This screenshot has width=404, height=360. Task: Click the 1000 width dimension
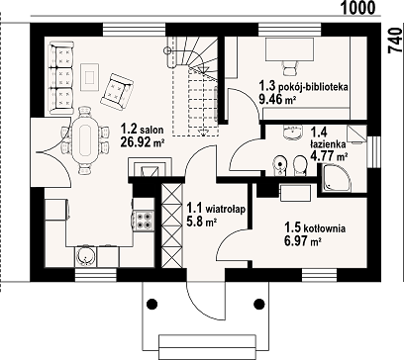point(357,7)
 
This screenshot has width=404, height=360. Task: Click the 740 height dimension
point(395,41)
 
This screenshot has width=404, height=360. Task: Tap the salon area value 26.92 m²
point(143,141)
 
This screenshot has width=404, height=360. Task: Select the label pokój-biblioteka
point(314,87)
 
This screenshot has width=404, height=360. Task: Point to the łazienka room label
point(328,143)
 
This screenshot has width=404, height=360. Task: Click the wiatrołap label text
point(225,209)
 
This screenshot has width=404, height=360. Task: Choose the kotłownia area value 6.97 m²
point(303,241)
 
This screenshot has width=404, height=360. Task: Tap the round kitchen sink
point(85,256)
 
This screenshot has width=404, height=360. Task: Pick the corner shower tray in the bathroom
point(336,178)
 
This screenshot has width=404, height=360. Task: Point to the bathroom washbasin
point(292,132)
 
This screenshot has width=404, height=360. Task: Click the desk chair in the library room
point(289,68)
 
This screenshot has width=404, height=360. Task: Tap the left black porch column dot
point(151,304)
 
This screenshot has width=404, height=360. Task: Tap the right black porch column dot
point(259,304)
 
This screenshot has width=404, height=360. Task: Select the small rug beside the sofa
point(90,78)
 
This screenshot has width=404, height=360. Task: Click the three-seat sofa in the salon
point(60,78)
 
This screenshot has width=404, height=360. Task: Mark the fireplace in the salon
point(151,167)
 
